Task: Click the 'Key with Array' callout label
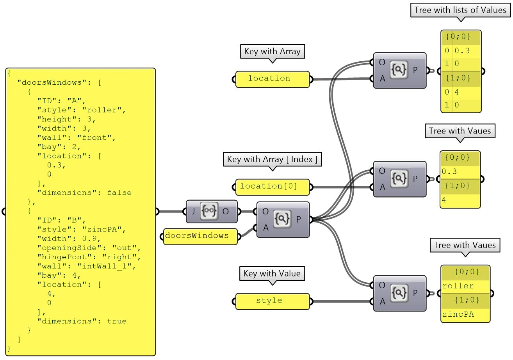click(272, 52)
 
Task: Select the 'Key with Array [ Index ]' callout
click(272, 159)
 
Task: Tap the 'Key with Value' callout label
click(272, 273)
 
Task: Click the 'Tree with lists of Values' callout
click(460, 10)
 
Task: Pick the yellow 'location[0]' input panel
click(273, 187)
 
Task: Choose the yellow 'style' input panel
click(273, 301)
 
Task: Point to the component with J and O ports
click(211, 211)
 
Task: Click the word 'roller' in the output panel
click(458, 286)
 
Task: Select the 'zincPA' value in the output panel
click(458, 314)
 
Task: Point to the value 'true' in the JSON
click(116, 321)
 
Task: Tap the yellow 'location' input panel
click(273, 78)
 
